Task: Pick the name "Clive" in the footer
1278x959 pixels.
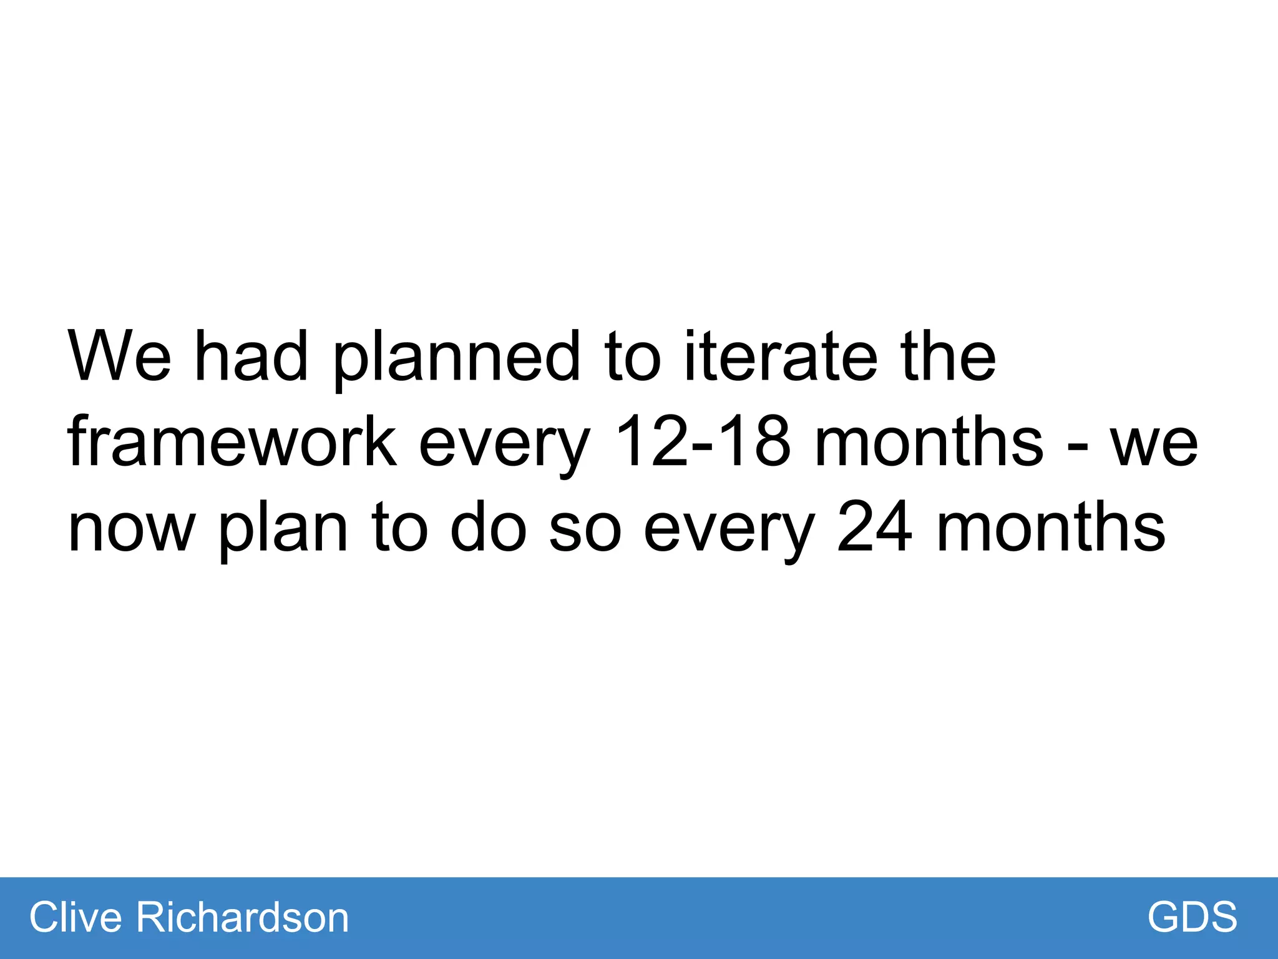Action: click(76, 917)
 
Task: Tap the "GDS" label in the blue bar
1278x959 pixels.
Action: click(1192, 917)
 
